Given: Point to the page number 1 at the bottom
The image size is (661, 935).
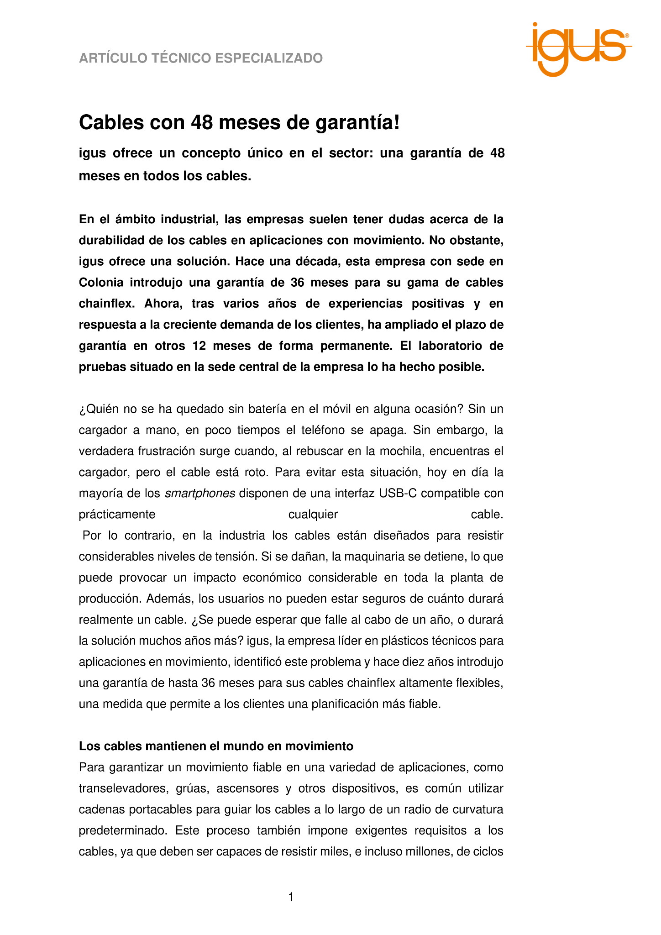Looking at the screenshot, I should click(291, 897).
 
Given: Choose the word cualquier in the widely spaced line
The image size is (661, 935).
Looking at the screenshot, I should click(313, 514).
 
